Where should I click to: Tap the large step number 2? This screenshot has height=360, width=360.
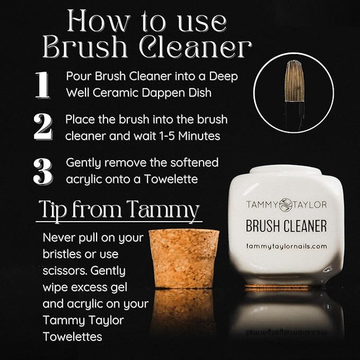click(x=42, y=127)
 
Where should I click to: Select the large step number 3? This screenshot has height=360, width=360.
click(x=42, y=171)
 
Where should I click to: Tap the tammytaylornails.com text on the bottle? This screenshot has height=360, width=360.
click(x=286, y=246)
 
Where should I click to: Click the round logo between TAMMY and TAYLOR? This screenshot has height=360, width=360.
click(x=286, y=205)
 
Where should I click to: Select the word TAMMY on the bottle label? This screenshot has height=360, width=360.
click(x=261, y=205)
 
